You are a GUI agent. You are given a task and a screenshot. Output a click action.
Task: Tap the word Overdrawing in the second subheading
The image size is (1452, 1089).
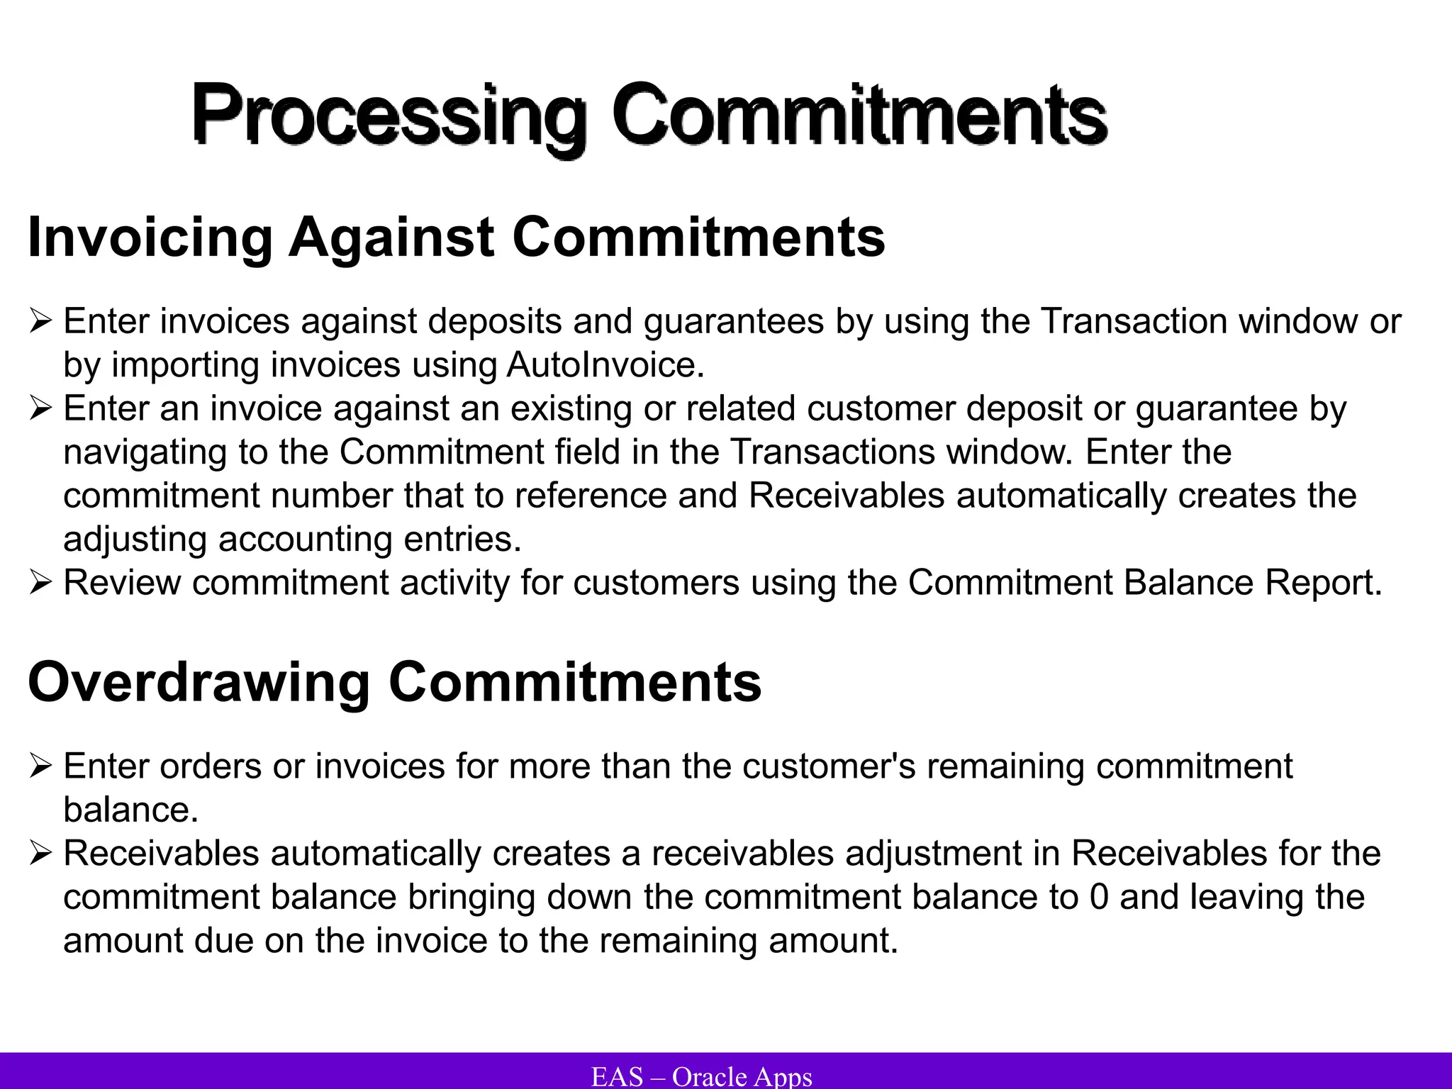click(199, 682)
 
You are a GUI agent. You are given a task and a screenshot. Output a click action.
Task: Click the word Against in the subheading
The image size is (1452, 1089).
click(391, 238)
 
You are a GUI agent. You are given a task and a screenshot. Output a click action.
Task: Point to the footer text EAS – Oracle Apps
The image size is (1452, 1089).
click(701, 1076)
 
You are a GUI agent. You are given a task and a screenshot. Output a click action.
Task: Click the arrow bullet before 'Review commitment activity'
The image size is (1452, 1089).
click(40, 583)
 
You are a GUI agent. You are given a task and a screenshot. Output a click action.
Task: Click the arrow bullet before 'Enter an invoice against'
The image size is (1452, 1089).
click(40, 409)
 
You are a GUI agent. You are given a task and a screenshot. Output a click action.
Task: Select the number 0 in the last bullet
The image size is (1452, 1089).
click(1099, 897)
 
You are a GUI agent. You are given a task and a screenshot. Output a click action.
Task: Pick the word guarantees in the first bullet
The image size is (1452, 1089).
click(734, 322)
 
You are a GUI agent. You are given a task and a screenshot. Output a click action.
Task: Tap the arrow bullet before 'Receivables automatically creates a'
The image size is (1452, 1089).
click(40, 854)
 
